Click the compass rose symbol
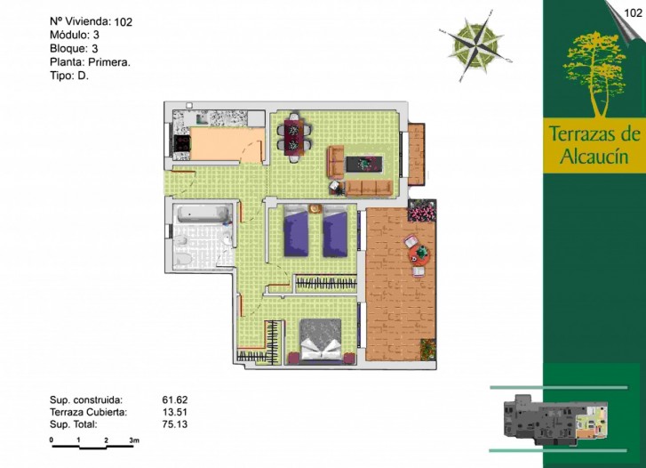(476, 45)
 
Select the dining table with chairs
(294, 137)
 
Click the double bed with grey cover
(322, 341)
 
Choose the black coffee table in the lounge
(364, 164)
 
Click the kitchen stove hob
(181, 143)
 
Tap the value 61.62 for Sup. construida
(175, 399)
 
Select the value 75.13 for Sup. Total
(175, 424)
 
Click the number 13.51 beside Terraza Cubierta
(175, 412)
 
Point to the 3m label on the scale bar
(134, 440)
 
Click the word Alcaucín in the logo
(594, 157)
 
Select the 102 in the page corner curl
(634, 12)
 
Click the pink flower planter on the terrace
(421, 210)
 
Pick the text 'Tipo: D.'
(69, 76)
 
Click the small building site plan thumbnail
(555, 420)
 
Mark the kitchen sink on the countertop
(202, 119)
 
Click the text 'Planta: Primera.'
(91, 62)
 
